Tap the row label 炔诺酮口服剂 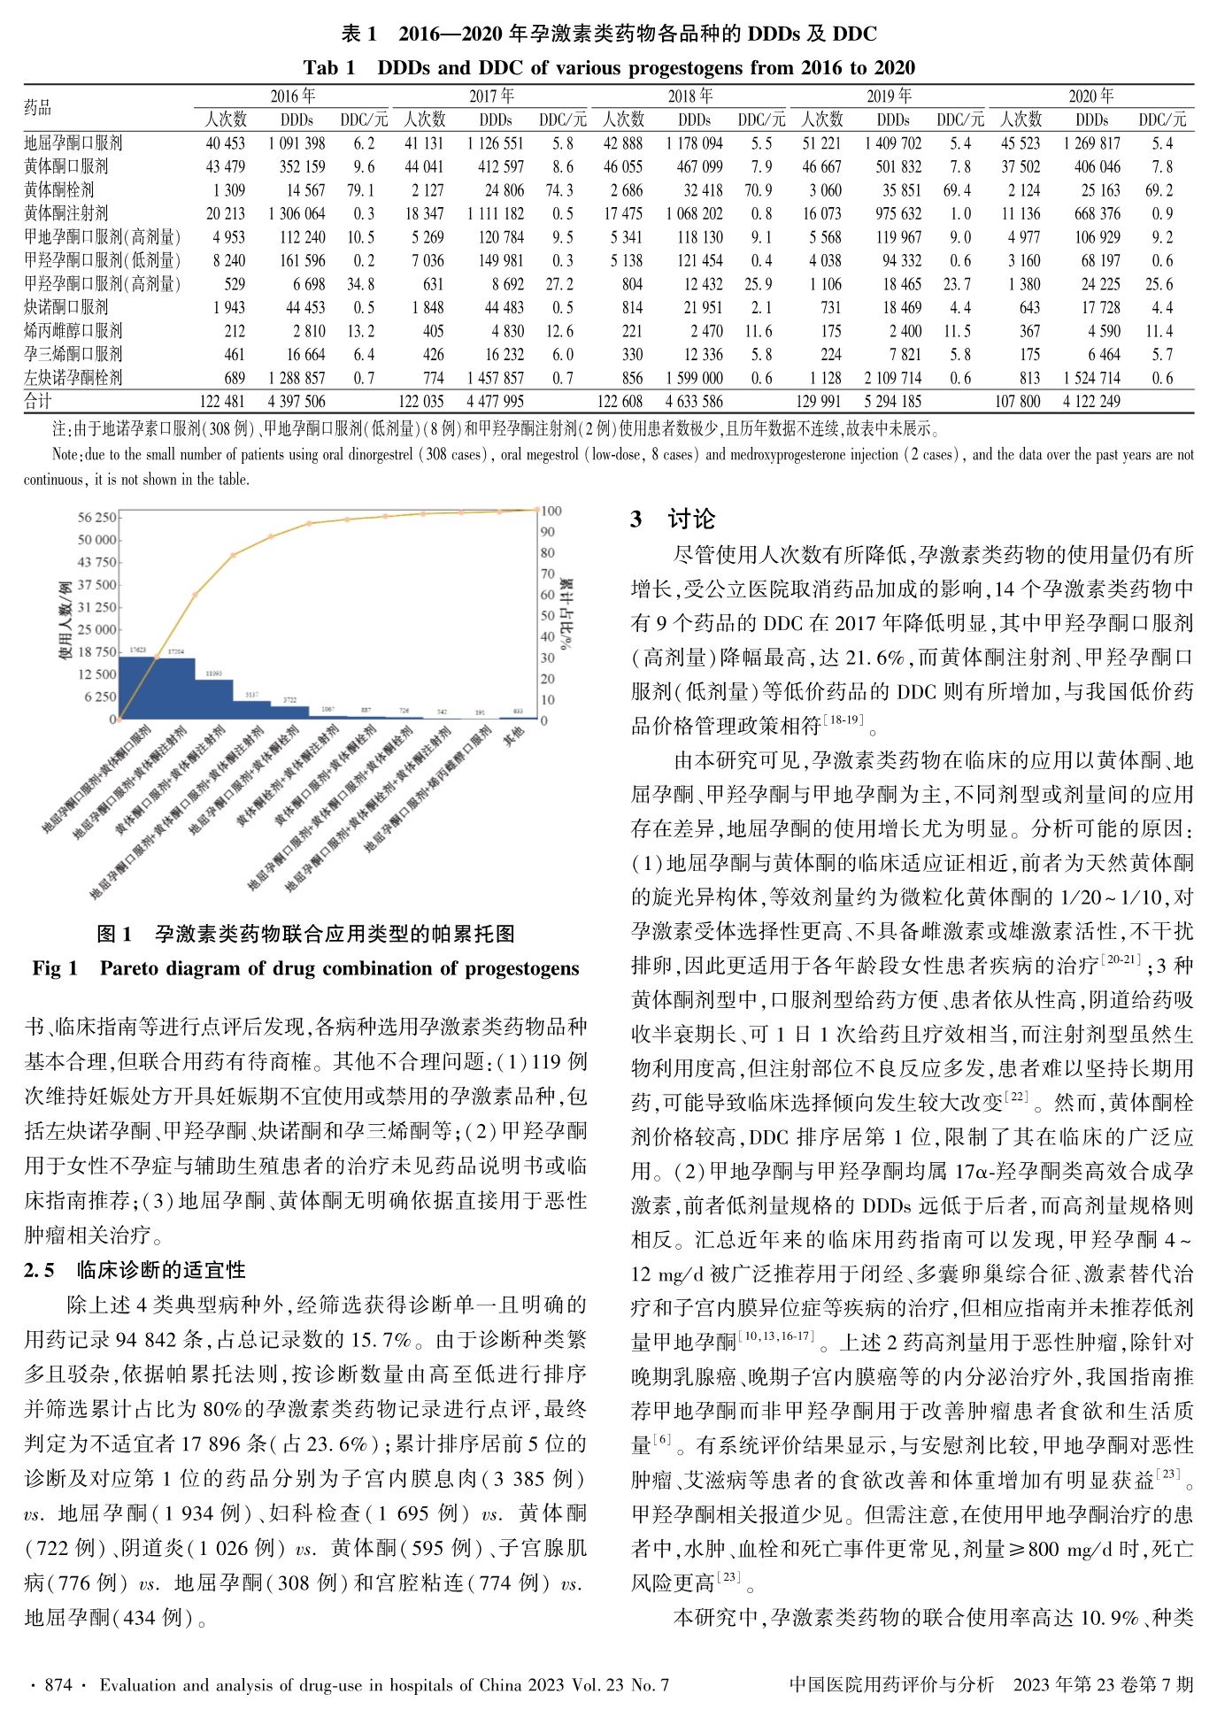[66, 307]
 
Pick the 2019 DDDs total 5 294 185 [892, 401]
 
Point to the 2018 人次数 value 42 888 [623, 143]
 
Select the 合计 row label [38, 401]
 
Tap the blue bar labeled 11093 [214, 699]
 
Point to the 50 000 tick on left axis [96, 540]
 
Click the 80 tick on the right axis [548, 553]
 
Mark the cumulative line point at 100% [537, 509]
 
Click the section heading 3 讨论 [672, 520]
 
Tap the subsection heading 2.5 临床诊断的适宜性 [135, 1270]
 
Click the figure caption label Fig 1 [55, 968]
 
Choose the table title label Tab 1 [328, 68]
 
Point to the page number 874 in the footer [58, 1685]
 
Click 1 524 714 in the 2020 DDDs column [1090, 378]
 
